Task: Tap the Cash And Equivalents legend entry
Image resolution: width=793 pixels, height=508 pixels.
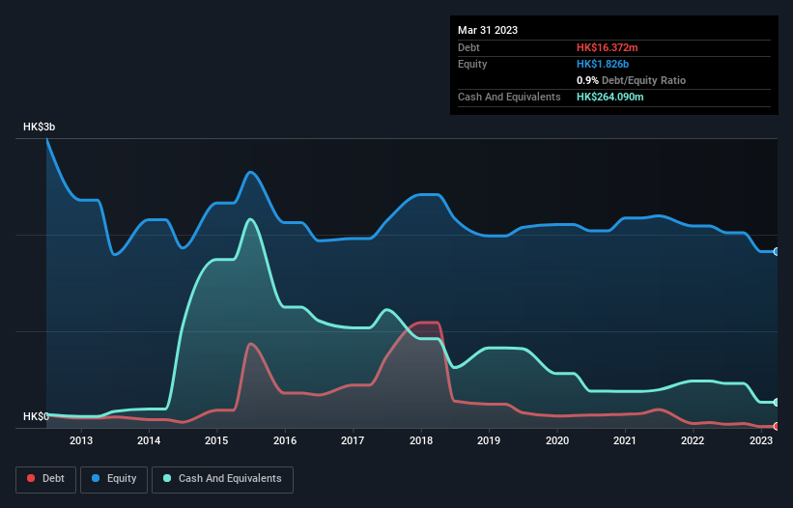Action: (x=222, y=478)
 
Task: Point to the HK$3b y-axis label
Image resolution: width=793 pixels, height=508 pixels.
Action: (x=41, y=127)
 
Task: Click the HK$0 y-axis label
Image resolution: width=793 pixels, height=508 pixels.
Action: (x=36, y=416)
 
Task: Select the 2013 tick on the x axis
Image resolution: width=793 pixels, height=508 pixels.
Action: (x=81, y=441)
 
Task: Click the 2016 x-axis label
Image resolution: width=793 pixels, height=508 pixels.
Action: (x=285, y=441)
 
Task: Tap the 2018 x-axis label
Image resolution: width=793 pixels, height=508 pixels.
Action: (x=421, y=441)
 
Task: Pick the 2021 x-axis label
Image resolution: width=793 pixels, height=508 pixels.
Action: (x=625, y=441)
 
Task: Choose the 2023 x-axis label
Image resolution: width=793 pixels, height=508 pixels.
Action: (x=761, y=441)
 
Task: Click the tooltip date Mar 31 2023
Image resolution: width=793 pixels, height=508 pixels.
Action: (x=488, y=30)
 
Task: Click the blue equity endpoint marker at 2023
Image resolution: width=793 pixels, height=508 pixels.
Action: (x=777, y=251)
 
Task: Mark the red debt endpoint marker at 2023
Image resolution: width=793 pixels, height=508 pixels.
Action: (x=777, y=426)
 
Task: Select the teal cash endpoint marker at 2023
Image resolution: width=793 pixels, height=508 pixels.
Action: (x=777, y=402)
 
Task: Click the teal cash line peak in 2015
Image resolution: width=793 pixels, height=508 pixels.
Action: (x=251, y=219)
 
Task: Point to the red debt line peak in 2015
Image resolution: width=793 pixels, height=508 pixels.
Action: (x=250, y=344)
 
